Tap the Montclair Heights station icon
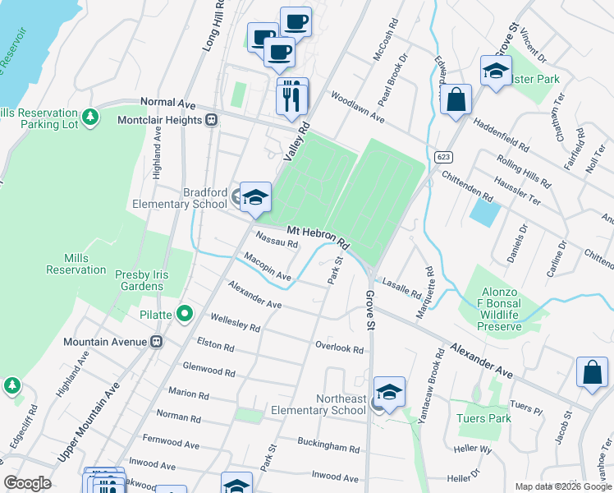click(x=211, y=120)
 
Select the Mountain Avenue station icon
click(x=156, y=341)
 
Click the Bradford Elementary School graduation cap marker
click(x=255, y=197)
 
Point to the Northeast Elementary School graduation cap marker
click(x=390, y=392)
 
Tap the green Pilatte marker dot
click(x=186, y=313)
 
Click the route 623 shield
click(x=443, y=157)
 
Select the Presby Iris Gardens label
click(x=139, y=280)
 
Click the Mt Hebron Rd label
click(x=318, y=238)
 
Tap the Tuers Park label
click(x=484, y=418)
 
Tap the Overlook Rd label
click(x=339, y=347)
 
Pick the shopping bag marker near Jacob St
click(x=592, y=371)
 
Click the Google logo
click(x=27, y=483)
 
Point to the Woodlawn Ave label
click(x=357, y=108)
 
